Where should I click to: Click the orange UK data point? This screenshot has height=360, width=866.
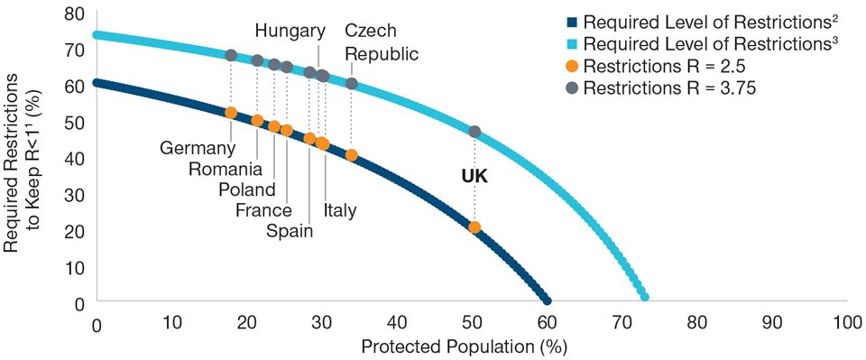coord(474,227)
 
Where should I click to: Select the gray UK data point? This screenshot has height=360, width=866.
coord(474,132)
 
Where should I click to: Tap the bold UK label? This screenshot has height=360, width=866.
coord(474,177)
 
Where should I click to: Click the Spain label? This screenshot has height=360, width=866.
coord(290,231)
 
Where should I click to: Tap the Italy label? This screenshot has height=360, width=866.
coord(340,210)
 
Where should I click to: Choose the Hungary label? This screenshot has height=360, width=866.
coord(290,32)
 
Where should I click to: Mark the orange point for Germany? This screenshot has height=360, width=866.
coord(231,113)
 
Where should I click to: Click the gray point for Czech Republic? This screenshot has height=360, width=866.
coord(352,83)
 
